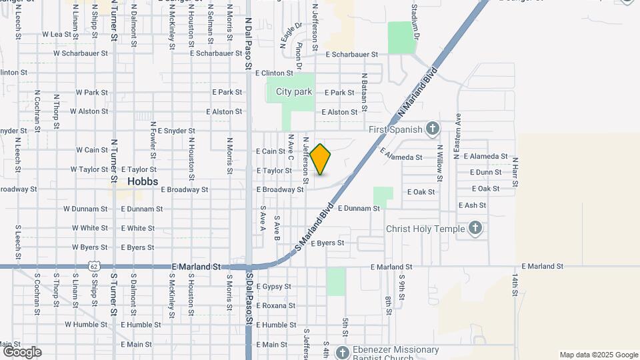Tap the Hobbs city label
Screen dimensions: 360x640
(142, 181)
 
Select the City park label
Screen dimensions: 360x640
(294, 92)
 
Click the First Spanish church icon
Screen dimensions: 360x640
(432, 129)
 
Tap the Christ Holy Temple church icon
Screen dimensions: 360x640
(475, 229)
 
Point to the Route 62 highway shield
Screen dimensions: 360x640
(93, 267)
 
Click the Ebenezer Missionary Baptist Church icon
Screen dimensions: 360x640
(343, 352)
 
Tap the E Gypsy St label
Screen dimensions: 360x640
(274, 287)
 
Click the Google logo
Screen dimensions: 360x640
(22, 352)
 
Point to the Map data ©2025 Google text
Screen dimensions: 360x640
(599, 355)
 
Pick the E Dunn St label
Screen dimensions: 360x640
(485, 172)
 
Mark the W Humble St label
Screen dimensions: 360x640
(86, 325)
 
